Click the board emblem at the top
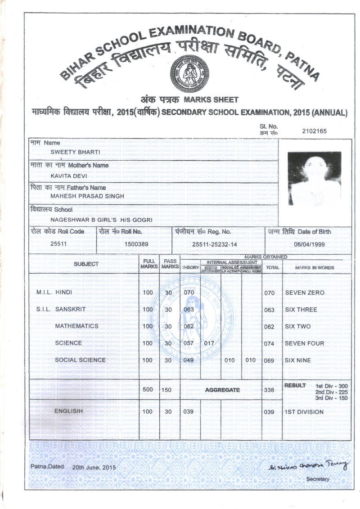click(x=189, y=73)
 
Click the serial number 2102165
click(x=315, y=131)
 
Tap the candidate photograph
click(x=314, y=178)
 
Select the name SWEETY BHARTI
click(x=75, y=152)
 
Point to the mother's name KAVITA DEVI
click(x=68, y=176)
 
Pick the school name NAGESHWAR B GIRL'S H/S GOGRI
click(x=101, y=220)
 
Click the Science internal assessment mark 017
click(x=209, y=343)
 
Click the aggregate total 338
click(x=269, y=390)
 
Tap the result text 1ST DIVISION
click(x=305, y=412)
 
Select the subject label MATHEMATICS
click(x=76, y=326)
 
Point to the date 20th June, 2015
click(x=94, y=468)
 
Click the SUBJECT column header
click(x=86, y=264)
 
